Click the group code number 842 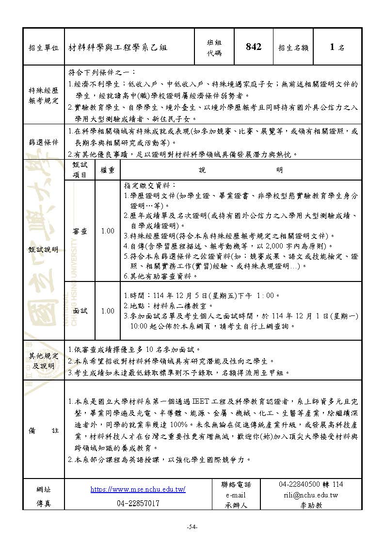point(254,47)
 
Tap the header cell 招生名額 point(293,48)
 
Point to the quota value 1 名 point(337,47)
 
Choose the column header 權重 point(108,170)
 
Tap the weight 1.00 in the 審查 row point(108,231)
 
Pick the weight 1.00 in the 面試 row point(108,311)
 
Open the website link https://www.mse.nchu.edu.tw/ point(138,489)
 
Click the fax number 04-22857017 point(138,504)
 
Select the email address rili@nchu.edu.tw point(311,495)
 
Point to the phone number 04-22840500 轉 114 point(311,484)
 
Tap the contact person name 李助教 point(311,505)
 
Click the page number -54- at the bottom point(192,528)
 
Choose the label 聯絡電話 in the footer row point(236,484)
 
